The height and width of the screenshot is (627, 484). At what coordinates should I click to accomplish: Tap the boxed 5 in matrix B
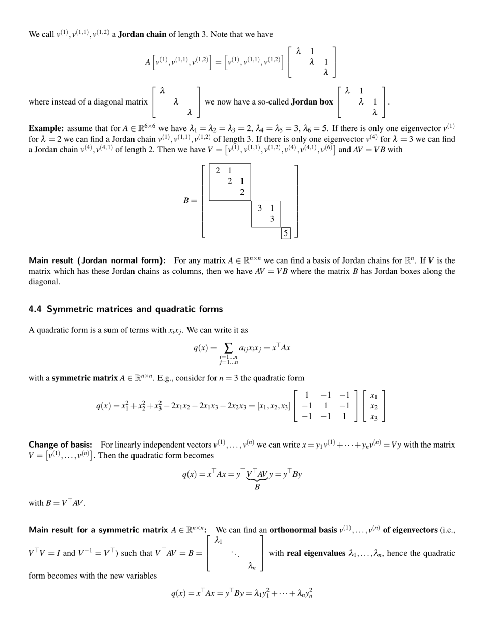click(x=286, y=233)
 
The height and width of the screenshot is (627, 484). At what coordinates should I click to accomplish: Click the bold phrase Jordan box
click(x=312, y=102)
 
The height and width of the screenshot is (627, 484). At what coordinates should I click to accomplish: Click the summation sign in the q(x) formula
click(x=228, y=348)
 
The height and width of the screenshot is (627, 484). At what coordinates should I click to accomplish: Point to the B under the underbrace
click(x=257, y=487)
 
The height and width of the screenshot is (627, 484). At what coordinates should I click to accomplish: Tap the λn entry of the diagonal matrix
click(x=252, y=566)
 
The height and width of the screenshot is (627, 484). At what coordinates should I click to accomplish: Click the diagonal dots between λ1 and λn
click(x=235, y=553)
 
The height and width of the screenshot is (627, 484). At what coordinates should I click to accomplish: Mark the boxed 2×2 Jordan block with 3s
click(x=266, y=214)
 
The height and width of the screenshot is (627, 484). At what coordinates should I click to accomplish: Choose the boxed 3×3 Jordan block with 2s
click(x=230, y=181)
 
